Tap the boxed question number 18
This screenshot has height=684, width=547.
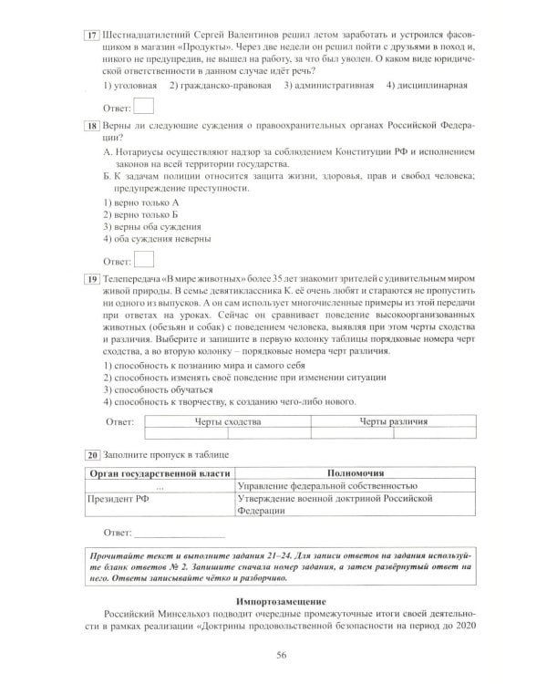[x=91, y=123]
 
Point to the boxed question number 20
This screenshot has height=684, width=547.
[x=91, y=454]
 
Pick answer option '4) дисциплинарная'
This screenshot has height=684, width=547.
[x=427, y=86]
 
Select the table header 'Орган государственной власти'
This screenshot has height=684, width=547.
[x=159, y=473]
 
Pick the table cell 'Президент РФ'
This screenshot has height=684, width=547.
[x=117, y=500]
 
